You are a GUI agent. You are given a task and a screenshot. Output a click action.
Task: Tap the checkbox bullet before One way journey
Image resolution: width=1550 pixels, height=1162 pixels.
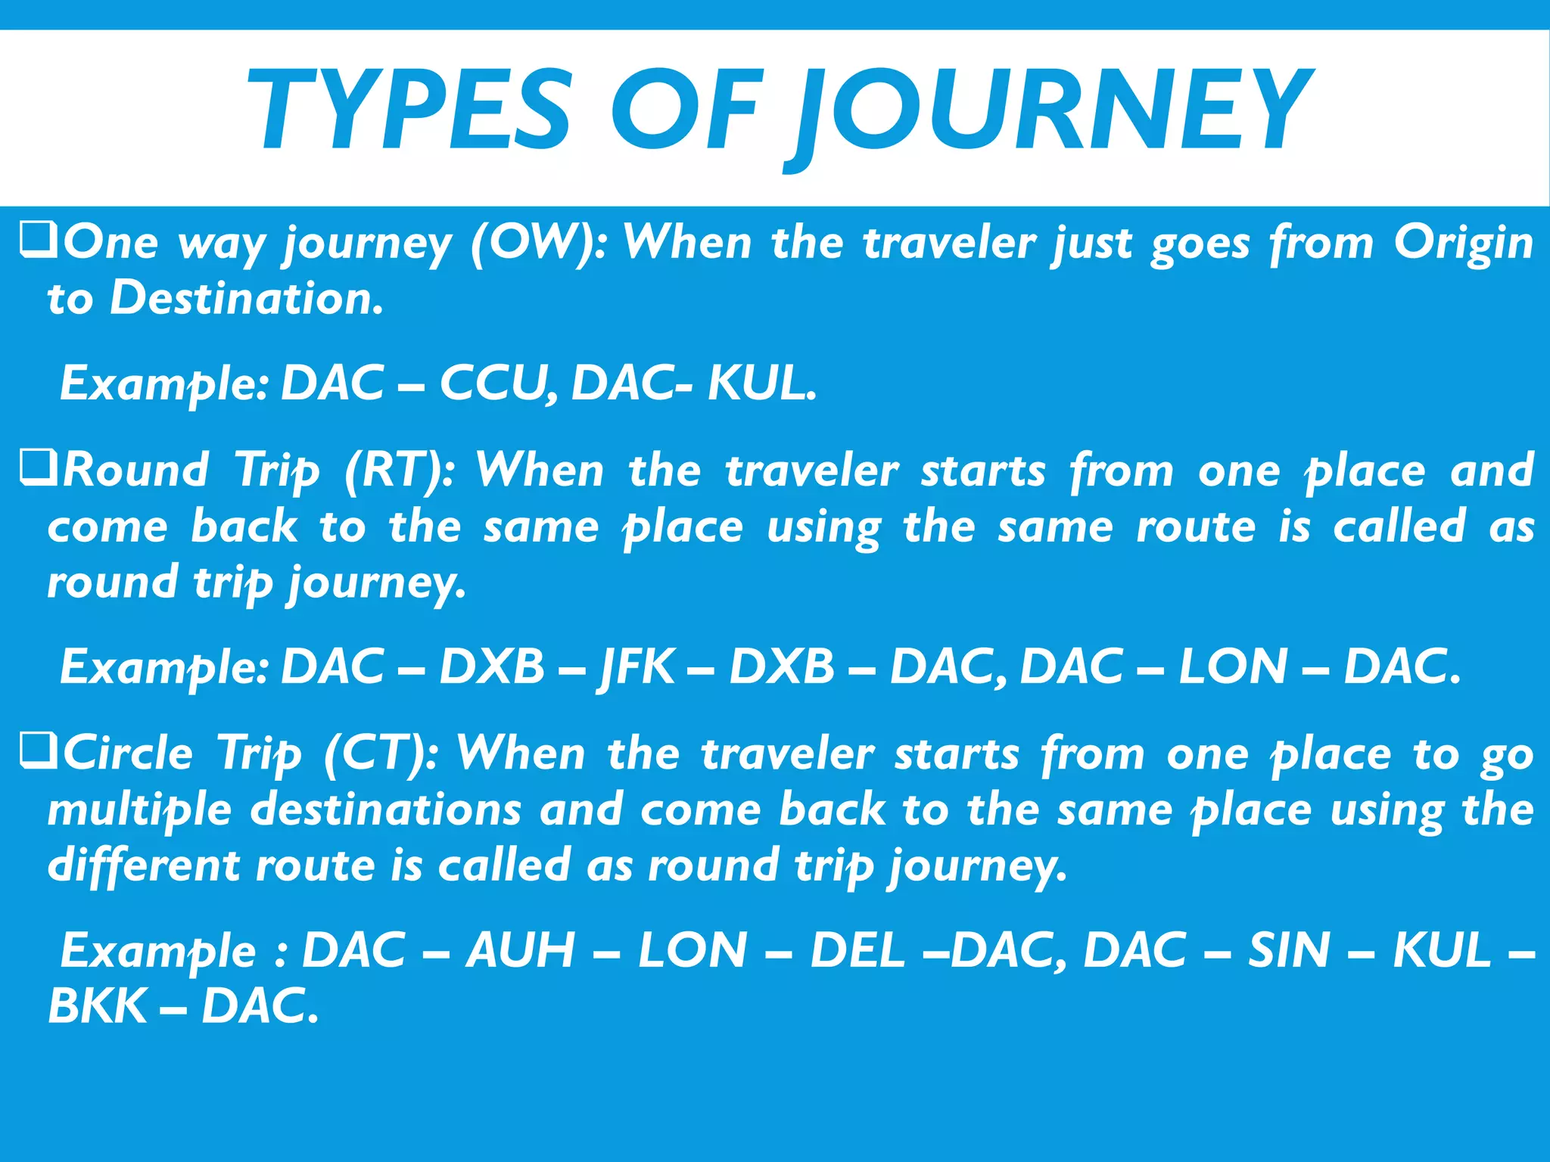click(x=38, y=242)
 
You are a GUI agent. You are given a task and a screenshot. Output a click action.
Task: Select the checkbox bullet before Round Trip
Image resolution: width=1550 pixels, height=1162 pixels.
click(x=38, y=469)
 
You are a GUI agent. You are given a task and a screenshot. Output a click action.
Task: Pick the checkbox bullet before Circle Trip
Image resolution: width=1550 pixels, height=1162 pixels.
click(x=38, y=752)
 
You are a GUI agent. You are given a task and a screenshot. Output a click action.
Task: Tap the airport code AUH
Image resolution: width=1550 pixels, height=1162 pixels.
click(x=521, y=951)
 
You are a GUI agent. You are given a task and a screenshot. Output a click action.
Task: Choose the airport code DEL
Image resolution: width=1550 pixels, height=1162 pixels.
click(x=857, y=951)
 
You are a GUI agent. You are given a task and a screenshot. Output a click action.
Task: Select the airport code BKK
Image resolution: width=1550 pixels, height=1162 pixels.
click(x=97, y=1007)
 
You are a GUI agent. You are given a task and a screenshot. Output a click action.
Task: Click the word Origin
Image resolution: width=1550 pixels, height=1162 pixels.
click(x=1463, y=244)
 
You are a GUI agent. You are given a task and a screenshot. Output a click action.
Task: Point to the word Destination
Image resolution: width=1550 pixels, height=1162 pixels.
click(x=246, y=299)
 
